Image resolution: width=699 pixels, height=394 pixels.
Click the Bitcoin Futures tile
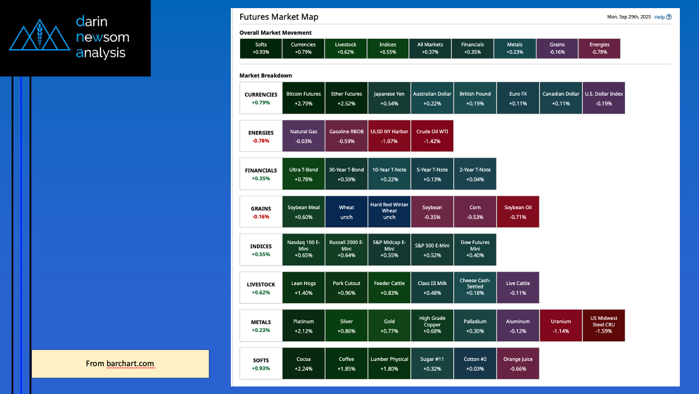click(303, 98)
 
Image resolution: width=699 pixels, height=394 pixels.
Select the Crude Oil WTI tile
click(432, 136)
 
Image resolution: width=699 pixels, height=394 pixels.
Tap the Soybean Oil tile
click(518, 211)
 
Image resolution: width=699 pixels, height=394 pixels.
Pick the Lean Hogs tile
click(303, 287)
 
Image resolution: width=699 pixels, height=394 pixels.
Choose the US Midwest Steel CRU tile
click(604, 325)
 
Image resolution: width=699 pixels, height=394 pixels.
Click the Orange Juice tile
click(518, 363)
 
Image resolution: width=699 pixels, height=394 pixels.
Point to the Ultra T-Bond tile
click(303, 174)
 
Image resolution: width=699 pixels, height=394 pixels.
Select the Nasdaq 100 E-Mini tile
click(303, 250)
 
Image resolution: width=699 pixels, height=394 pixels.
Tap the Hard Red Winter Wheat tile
click(389, 211)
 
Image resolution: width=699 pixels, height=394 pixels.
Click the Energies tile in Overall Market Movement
click(599, 49)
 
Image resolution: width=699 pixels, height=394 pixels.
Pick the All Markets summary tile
click(430, 49)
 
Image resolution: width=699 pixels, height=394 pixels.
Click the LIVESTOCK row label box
click(260, 287)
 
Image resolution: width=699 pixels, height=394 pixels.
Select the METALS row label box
click(260, 325)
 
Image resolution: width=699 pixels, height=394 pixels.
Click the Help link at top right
click(662, 17)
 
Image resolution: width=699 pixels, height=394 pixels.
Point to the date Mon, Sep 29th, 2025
click(629, 17)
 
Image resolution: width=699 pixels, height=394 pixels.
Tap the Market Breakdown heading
click(266, 76)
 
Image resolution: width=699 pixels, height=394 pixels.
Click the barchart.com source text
click(130, 364)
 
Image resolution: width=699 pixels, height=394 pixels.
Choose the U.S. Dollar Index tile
click(604, 98)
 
